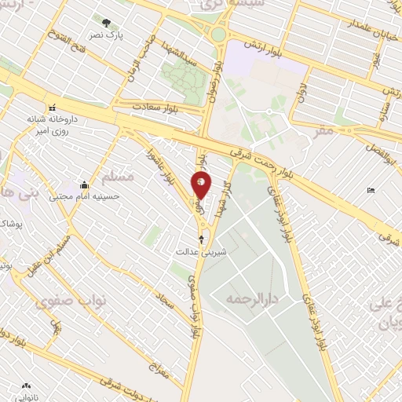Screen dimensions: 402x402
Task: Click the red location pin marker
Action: click(201, 186)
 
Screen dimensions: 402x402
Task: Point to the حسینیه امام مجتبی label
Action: click(85, 196)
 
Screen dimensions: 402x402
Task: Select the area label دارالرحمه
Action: click(252, 299)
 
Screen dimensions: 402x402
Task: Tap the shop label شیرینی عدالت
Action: click(203, 252)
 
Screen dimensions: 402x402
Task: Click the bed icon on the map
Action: click(371, 191)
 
